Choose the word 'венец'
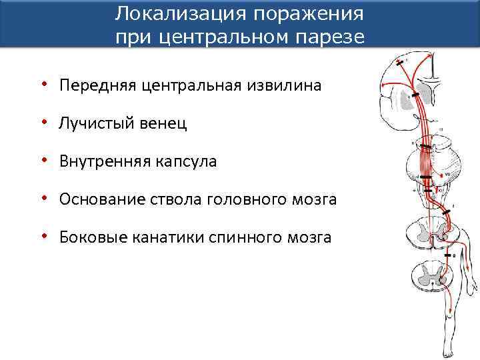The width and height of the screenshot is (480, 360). tap(163, 123)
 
